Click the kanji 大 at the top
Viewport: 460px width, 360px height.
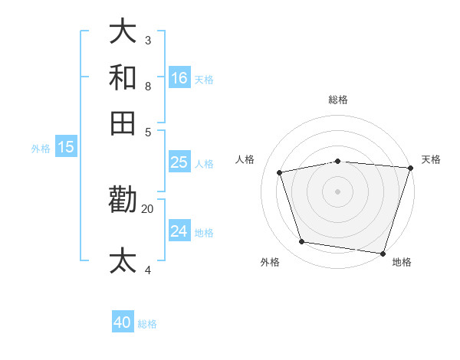click(123, 32)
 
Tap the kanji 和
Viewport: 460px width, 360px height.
click(123, 78)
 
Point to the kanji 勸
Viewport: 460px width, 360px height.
click(123, 200)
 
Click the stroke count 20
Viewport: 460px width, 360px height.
click(148, 208)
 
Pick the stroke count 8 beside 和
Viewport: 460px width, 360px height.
click(148, 86)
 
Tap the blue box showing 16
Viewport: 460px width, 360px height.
click(179, 77)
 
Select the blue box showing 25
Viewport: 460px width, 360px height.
click(179, 162)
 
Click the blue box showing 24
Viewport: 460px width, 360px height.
click(179, 231)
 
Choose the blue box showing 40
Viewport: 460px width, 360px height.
click(123, 322)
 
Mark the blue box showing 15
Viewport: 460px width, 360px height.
click(66, 147)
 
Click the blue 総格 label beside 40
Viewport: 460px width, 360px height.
click(147, 324)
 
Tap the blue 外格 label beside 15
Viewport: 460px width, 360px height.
click(40, 149)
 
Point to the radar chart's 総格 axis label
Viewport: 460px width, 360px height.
click(338, 100)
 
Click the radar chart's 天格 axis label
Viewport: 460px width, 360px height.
click(431, 159)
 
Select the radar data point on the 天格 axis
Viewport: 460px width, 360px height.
click(410, 168)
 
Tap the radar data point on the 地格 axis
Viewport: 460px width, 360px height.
click(383, 253)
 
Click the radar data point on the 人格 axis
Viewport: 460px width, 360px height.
click(280, 172)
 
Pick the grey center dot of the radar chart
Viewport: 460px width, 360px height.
click(338, 191)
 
